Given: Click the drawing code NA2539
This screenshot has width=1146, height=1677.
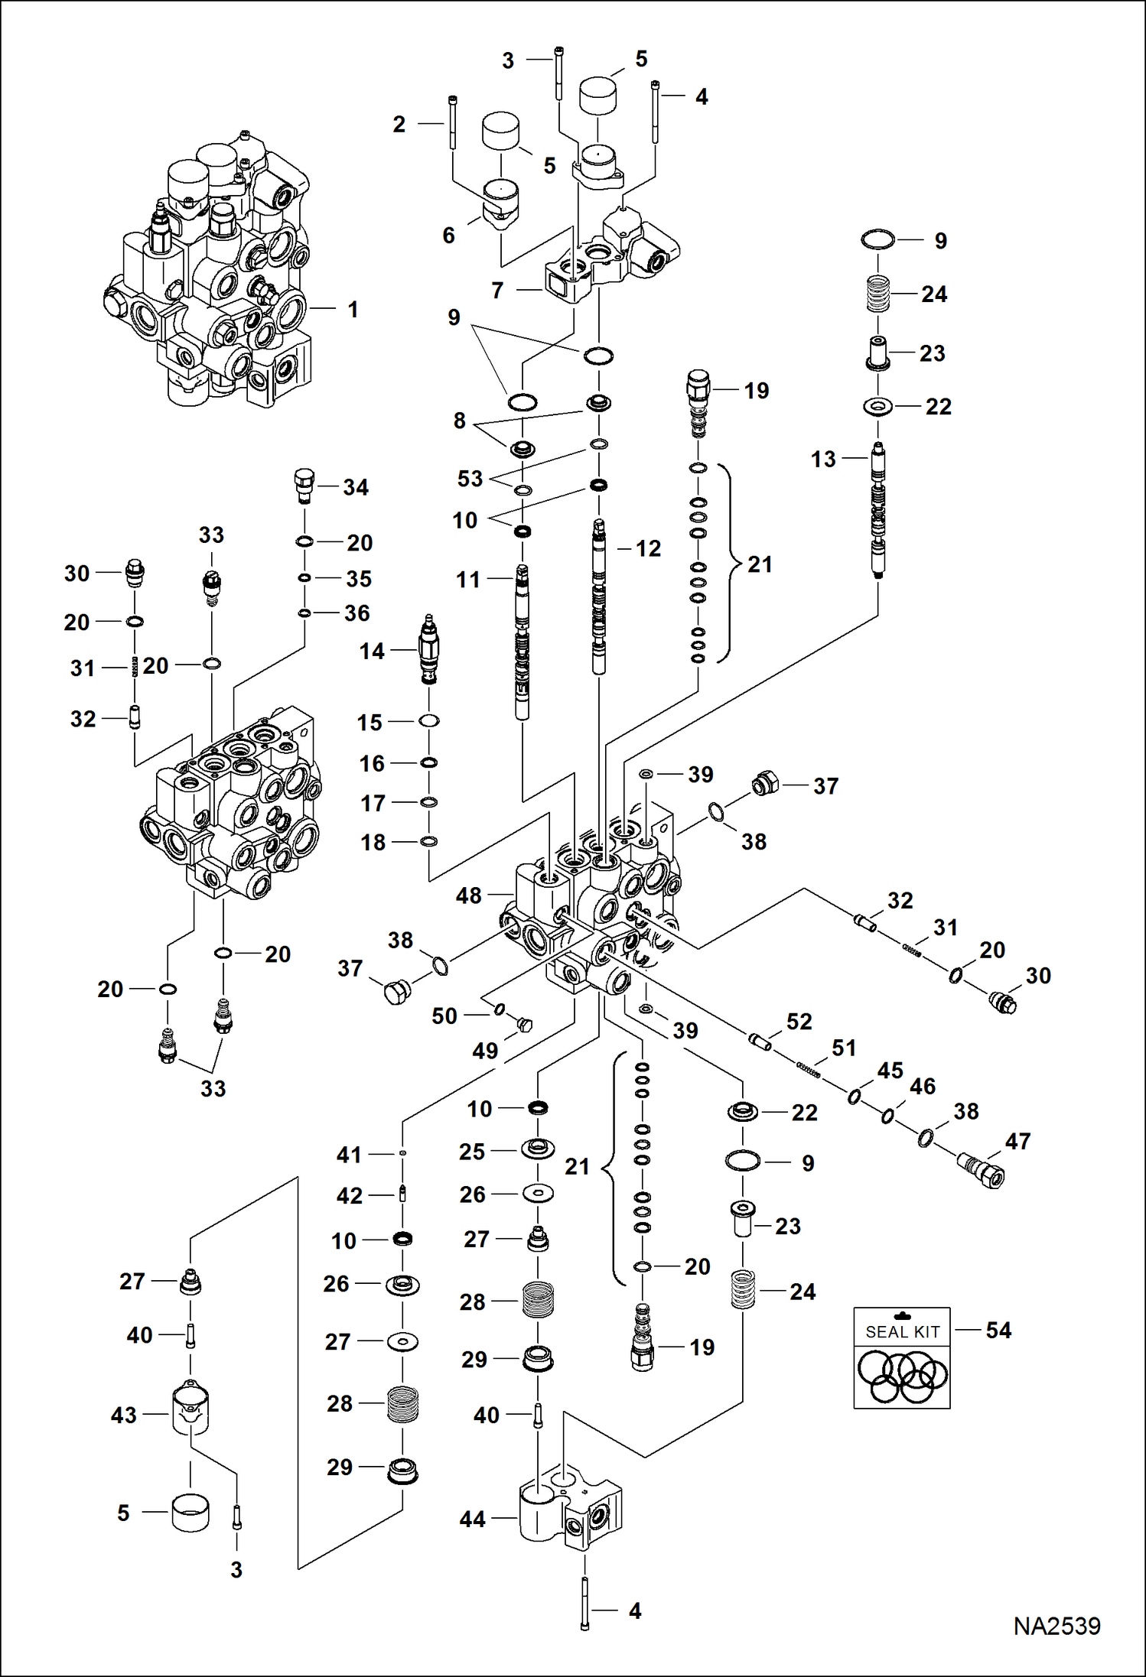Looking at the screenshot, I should coord(1056,1626).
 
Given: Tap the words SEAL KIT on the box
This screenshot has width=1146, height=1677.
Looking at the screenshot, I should coord(902,1331).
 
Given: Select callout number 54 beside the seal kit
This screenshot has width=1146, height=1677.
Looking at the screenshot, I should coord(998,1330).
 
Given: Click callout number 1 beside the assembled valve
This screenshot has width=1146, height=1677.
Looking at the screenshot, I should coord(353,310).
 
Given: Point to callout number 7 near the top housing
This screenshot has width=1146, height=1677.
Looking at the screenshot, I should coord(497,291).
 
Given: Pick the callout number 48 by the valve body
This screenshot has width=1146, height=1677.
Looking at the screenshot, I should coord(468,895).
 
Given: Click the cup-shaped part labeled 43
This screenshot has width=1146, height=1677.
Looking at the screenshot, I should coord(190,1411).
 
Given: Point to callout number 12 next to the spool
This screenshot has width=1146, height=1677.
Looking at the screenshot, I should coord(648,548).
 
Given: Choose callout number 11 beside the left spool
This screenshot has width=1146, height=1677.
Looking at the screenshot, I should coord(468,580).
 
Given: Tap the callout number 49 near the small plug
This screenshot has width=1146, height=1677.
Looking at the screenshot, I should coord(485,1051).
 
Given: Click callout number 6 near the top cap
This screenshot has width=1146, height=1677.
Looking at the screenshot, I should coord(449,236).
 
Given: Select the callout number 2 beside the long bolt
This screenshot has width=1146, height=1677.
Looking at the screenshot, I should coord(399,124).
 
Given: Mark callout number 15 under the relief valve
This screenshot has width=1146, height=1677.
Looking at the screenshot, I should coord(370,723).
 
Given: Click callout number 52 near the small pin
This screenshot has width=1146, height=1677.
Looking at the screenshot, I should coord(799,1022).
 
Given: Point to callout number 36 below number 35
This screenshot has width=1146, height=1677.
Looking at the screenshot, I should coord(356,613).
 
